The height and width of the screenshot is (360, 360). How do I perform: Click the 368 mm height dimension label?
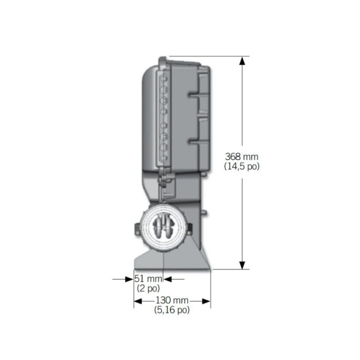click(242, 157)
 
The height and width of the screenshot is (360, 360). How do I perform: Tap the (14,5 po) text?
click(242, 166)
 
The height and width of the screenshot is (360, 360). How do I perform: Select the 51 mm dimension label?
click(148, 279)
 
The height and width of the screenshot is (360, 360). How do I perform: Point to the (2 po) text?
click(148, 288)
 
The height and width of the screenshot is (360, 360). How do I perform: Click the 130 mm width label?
click(172, 300)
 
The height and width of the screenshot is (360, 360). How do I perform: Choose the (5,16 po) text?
click(172, 310)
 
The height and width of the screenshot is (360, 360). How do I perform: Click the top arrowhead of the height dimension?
click(242, 61)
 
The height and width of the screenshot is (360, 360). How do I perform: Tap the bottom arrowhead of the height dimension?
click(242, 265)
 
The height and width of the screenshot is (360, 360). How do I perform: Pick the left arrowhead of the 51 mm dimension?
click(129, 279)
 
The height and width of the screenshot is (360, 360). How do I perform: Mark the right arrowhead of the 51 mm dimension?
click(167, 279)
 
